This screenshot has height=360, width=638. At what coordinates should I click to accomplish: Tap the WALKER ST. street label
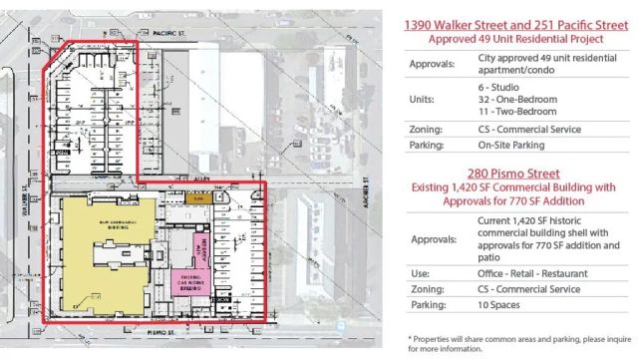coord(21,185)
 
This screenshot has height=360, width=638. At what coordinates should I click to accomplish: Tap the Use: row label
coord(421,272)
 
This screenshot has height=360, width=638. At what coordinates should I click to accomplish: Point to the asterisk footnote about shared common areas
coord(509,344)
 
